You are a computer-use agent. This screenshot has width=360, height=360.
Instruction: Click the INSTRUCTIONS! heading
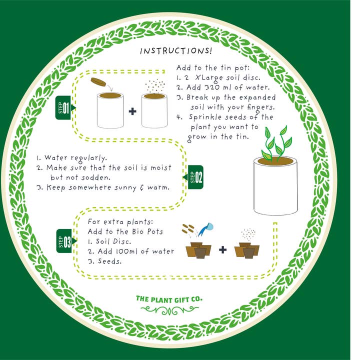(x=175, y=51)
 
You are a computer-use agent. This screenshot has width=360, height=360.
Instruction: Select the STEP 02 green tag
(x=194, y=177)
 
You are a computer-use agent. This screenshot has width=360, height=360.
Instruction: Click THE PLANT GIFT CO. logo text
(x=169, y=299)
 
